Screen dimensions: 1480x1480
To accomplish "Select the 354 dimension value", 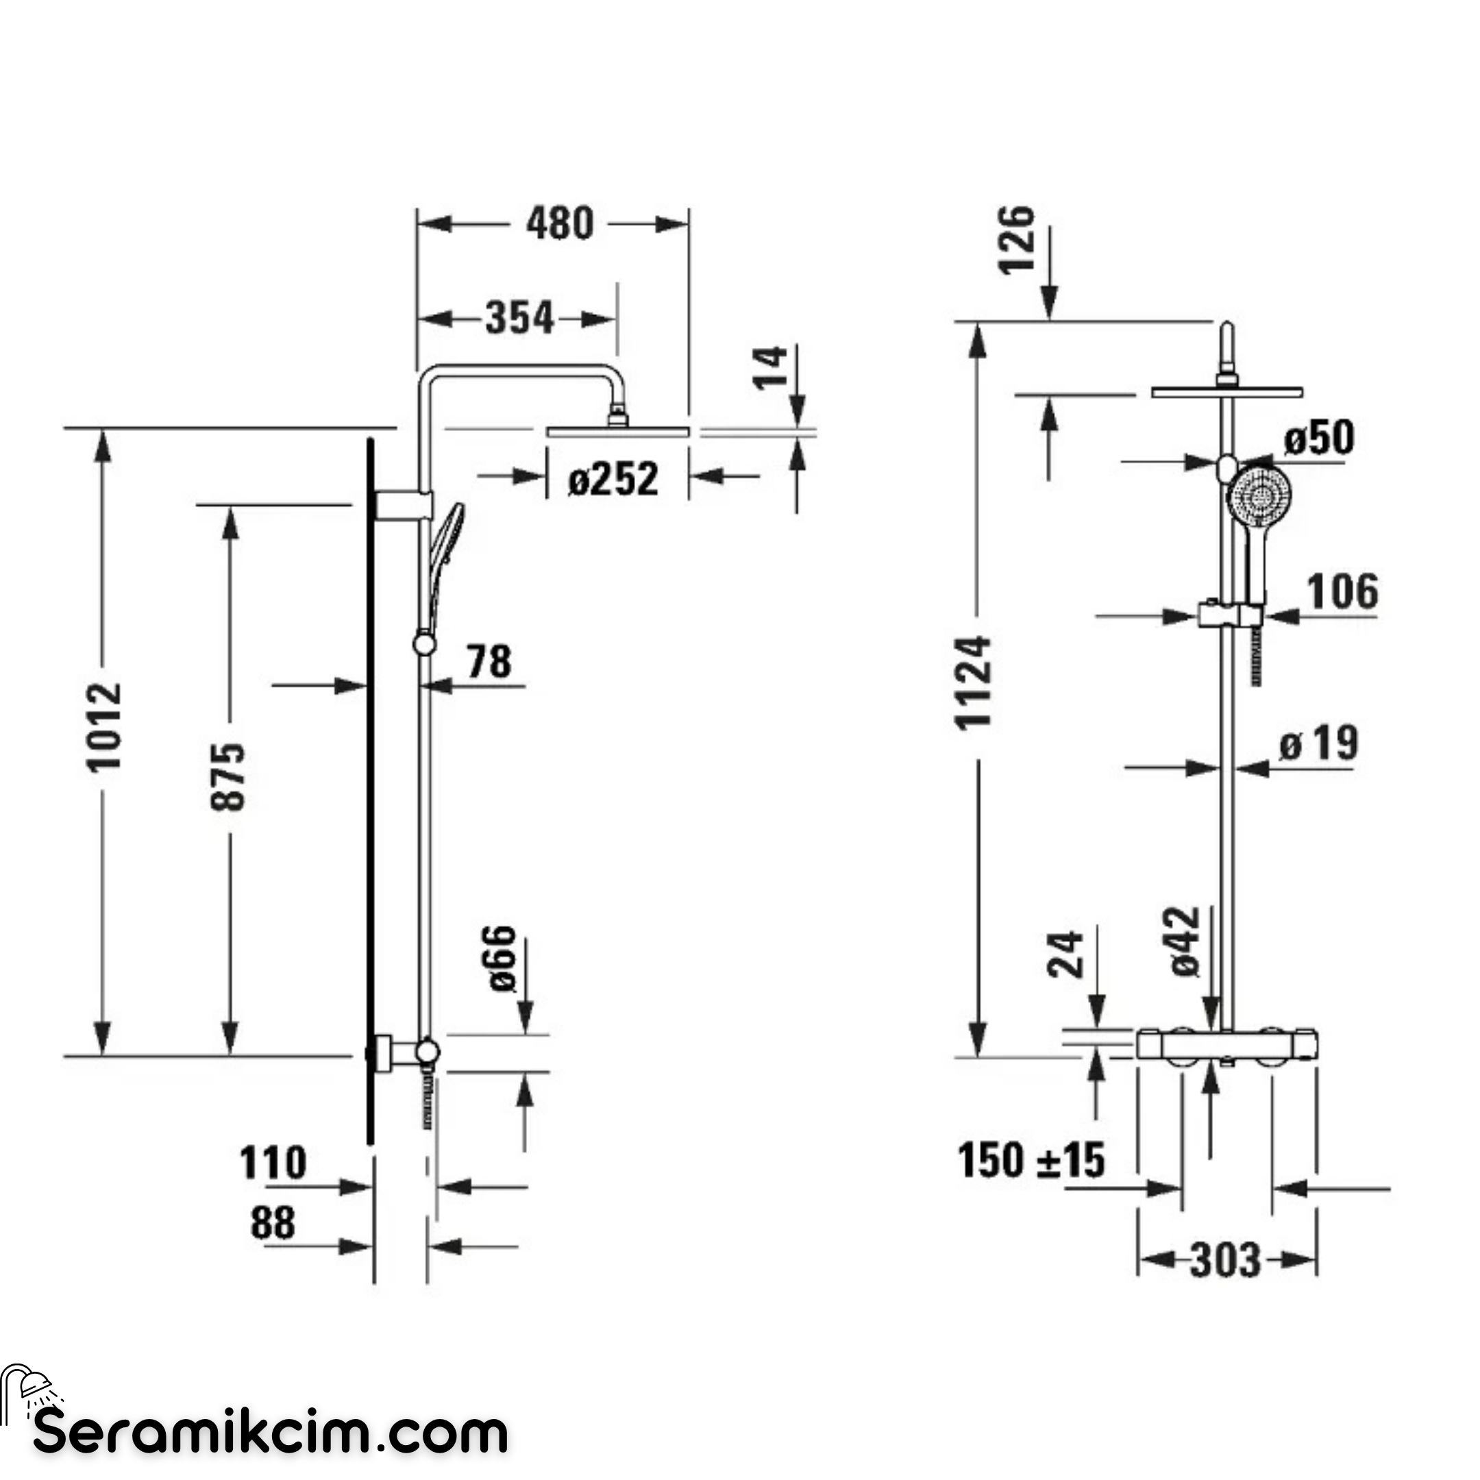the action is (x=519, y=318).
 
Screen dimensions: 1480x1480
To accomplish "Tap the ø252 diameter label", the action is (x=613, y=480).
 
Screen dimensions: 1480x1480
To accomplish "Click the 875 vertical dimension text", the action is (x=227, y=776).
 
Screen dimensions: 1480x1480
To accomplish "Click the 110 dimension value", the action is (x=273, y=1163).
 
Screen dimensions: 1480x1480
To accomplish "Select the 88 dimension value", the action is (x=273, y=1223).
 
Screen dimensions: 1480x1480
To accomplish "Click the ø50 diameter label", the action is (x=1318, y=437).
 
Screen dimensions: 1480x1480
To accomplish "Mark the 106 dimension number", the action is (x=1342, y=591).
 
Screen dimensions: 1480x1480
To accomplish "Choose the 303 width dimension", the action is (x=1225, y=1260).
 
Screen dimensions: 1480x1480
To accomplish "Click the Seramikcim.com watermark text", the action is (x=271, y=1434).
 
